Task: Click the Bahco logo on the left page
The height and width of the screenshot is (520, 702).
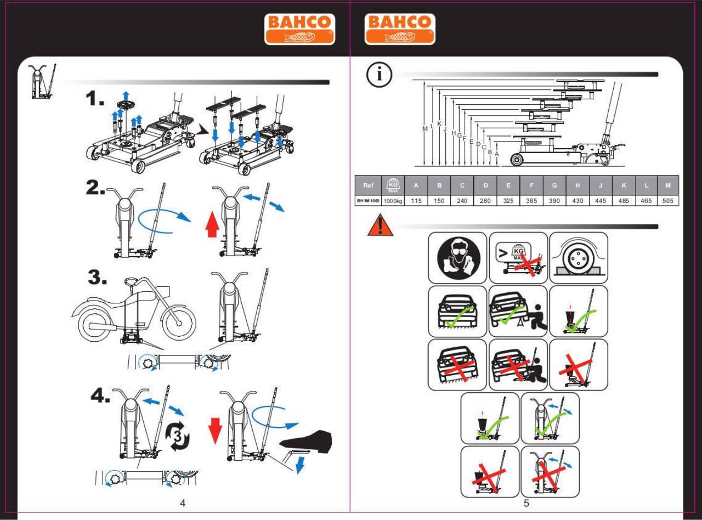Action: pyautogui.click(x=299, y=29)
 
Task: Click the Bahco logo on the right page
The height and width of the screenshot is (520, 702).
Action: pyautogui.click(x=400, y=29)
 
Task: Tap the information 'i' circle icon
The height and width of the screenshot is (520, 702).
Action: pyautogui.click(x=379, y=75)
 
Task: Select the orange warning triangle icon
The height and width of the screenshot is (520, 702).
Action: pyautogui.click(x=381, y=225)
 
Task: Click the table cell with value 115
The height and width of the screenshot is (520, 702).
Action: pyautogui.click(x=416, y=201)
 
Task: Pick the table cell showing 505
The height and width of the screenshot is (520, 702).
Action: pyautogui.click(x=668, y=201)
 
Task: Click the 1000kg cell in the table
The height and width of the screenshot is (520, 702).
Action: pyautogui.click(x=393, y=201)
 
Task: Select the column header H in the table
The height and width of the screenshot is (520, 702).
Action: pyautogui.click(x=578, y=185)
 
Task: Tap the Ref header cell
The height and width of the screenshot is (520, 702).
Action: pyautogui.click(x=368, y=185)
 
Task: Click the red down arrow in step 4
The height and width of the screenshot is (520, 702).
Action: pyautogui.click(x=215, y=431)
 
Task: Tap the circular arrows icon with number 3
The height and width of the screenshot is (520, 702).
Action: pyautogui.click(x=178, y=436)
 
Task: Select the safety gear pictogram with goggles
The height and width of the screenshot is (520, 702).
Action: pyautogui.click(x=457, y=258)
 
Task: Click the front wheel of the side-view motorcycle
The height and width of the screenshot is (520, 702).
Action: pyautogui.click(x=179, y=323)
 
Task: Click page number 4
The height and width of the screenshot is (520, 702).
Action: pyautogui.click(x=183, y=503)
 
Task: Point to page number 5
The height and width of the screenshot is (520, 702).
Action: pyautogui.click(x=526, y=503)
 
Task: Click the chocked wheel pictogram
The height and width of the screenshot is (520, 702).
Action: pyautogui.click(x=579, y=258)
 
